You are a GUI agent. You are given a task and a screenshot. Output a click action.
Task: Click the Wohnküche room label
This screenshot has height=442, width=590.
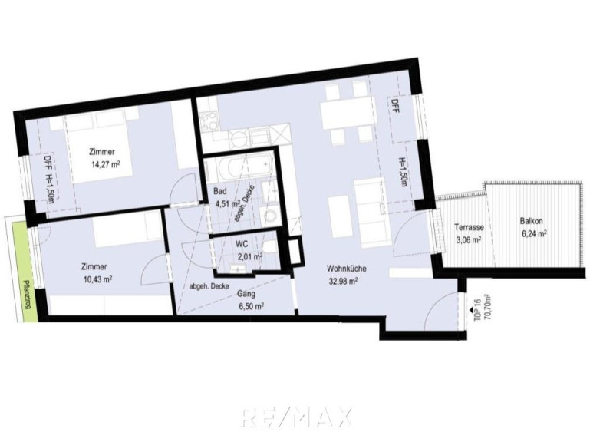(346, 269)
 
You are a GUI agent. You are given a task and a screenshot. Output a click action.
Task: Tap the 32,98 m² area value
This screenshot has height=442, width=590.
(343, 281)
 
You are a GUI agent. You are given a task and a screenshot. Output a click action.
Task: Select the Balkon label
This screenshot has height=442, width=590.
(531, 221)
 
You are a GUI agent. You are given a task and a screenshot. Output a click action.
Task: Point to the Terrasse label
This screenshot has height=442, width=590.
(469, 227)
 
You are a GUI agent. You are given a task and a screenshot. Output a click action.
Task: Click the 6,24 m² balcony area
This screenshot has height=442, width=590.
(534, 234)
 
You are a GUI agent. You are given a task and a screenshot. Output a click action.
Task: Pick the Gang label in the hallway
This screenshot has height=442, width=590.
(246, 294)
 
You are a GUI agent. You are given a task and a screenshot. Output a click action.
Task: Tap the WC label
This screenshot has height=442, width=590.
(242, 244)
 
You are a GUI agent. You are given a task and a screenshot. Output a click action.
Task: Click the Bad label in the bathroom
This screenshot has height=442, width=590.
(220, 191)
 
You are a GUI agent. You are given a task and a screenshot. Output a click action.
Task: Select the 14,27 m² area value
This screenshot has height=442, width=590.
(106, 164)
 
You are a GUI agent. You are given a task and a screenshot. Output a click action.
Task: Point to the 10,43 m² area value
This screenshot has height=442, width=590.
(98, 279)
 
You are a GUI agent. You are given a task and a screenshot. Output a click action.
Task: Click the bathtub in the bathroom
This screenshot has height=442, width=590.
(246, 166)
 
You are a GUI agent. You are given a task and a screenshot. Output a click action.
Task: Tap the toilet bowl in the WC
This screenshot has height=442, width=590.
(269, 247)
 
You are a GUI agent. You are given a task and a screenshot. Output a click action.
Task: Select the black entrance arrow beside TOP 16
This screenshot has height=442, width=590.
(470, 309)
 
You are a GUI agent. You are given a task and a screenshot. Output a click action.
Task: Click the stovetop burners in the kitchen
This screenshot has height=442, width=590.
(209, 121)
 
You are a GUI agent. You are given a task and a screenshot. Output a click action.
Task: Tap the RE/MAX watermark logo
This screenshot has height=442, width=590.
(295, 417)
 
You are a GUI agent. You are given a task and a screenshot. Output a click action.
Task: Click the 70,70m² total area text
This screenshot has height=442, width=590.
(490, 306)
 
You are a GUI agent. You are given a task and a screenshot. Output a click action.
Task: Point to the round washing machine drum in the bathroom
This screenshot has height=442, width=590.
(270, 217)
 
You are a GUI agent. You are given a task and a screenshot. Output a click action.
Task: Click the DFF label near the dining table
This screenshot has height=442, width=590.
(395, 107)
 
